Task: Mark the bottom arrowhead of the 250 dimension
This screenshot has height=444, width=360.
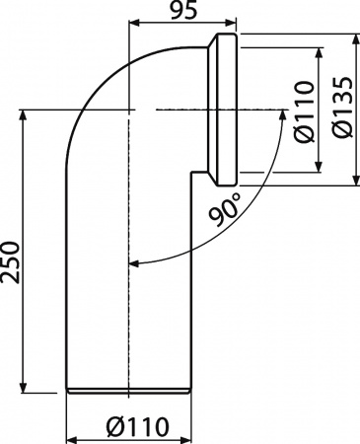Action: [x=25, y=387]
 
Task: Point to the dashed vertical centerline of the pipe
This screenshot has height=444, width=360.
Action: [x=130, y=296]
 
